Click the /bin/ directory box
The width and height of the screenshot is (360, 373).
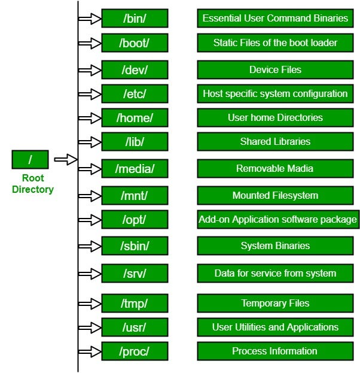click(x=135, y=19)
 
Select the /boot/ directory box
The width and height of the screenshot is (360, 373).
click(x=135, y=43)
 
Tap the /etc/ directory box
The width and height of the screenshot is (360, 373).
click(x=135, y=94)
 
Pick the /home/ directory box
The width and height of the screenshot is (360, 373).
click(x=135, y=118)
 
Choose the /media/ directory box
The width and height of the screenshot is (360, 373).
click(x=135, y=169)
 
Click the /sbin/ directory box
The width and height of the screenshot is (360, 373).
click(x=135, y=246)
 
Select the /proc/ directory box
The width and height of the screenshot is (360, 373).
click(x=135, y=351)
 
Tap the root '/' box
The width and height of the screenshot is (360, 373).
click(x=30, y=160)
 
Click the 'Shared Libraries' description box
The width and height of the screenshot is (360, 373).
click(x=275, y=142)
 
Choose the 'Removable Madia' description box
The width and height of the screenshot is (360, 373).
click(x=275, y=169)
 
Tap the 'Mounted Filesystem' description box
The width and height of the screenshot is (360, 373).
click(x=275, y=196)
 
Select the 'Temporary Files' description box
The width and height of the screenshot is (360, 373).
click(x=275, y=304)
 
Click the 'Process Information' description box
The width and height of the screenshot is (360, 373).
click(x=275, y=351)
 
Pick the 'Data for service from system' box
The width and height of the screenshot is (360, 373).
click(x=275, y=274)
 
